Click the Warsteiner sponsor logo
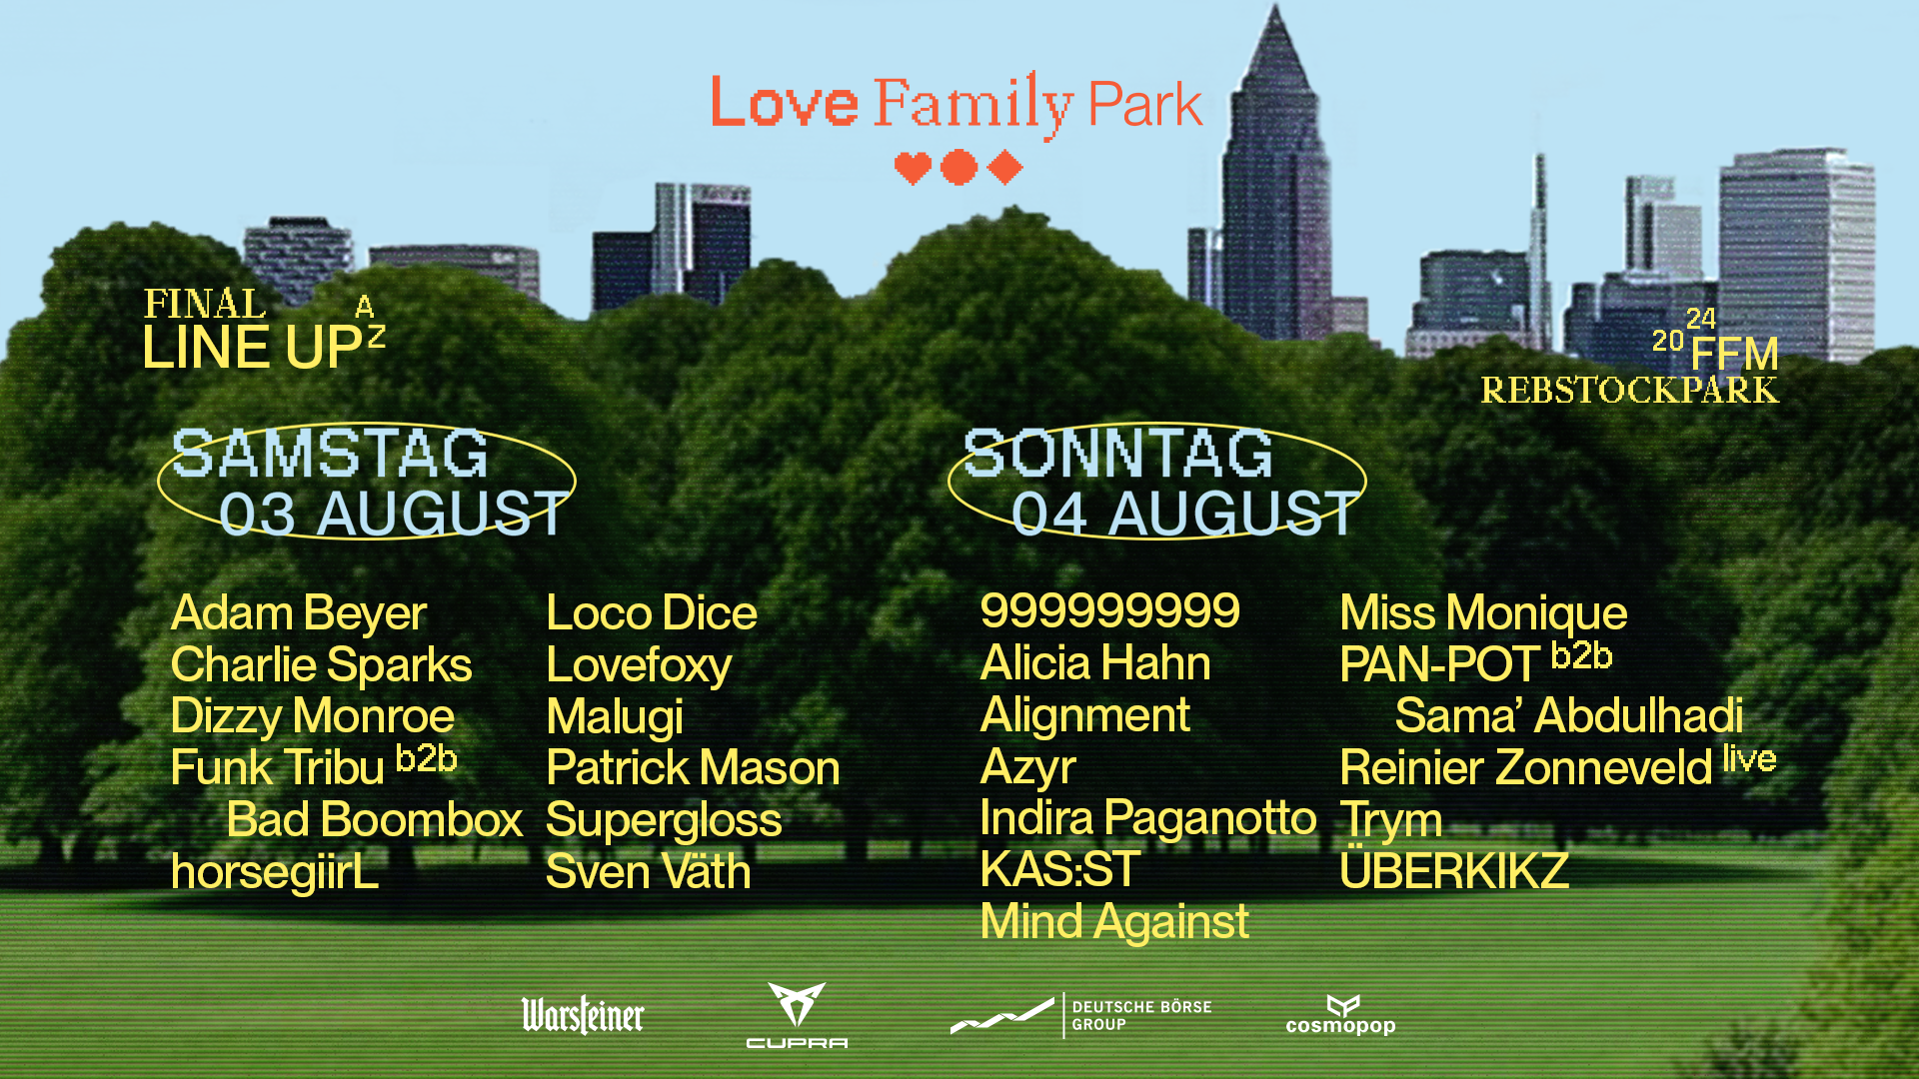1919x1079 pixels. [583, 1015]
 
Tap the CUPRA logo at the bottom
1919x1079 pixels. [797, 1015]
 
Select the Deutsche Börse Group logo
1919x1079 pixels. [1081, 1015]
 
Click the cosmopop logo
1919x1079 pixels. [1340, 1015]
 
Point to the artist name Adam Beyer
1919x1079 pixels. [299, 613]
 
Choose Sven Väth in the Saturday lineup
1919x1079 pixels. [648, 871]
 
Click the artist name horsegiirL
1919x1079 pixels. [275, 872]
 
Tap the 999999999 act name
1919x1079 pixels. [1109, 610]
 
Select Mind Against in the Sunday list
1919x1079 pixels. [1114, 922]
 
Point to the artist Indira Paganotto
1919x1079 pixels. [1148, 818]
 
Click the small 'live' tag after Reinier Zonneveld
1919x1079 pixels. [1749, 759]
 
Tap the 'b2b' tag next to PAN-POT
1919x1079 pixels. [1581, 655]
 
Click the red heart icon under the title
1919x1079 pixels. [913, 168]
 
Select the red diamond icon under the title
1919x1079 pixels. [1004, 168]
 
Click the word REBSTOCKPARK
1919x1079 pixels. [1629, 391]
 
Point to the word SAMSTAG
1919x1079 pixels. [330, 454]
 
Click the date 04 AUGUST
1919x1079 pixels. [1184, 514]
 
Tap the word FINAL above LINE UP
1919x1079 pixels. [205, 304]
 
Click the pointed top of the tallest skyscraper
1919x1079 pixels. [1275, 6]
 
